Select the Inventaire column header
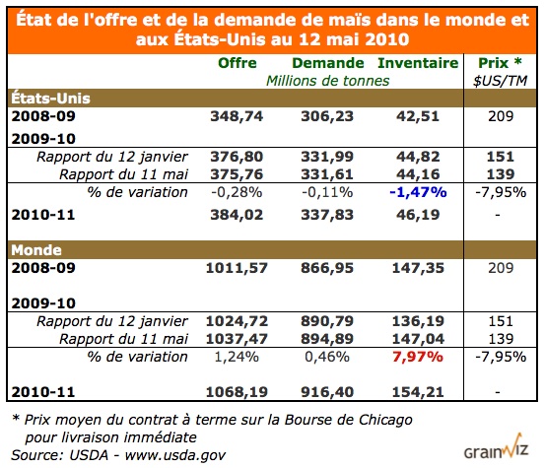pos(418,62)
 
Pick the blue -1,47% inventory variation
pos(418,191)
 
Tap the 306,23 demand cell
pos(324,114)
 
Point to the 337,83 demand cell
pos(324,213)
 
